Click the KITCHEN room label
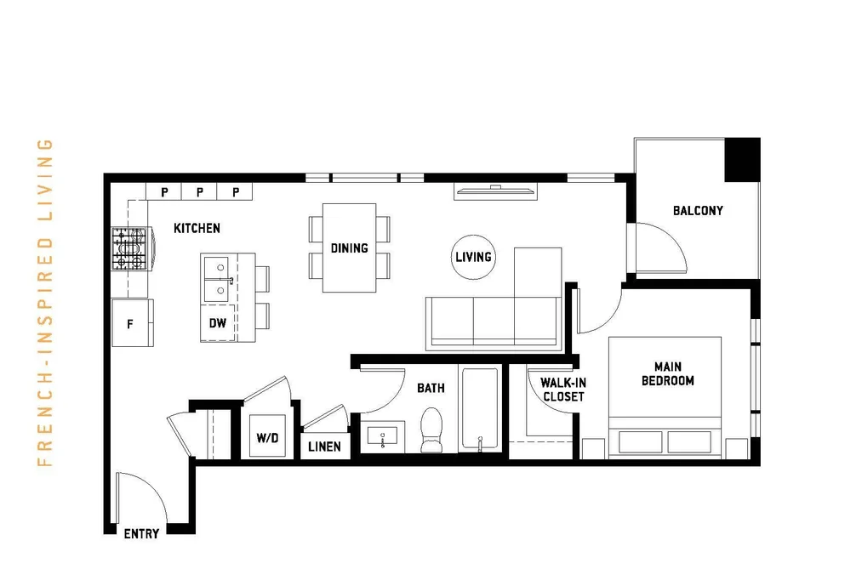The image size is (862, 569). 197,228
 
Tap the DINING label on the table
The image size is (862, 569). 349,248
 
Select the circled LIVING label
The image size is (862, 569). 473,257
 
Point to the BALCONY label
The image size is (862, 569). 698,210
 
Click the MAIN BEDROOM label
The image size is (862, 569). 668,373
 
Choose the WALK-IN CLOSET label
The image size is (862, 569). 563,390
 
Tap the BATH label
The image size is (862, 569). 431,389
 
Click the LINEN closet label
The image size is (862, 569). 324,447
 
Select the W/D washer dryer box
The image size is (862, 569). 267,436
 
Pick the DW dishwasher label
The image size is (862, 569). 218,323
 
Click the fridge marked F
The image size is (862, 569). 133,323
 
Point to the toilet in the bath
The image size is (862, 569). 431,430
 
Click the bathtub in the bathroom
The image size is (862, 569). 480,408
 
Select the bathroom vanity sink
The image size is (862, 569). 383,437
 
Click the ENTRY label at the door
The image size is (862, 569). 141,533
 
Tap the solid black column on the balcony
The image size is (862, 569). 743,160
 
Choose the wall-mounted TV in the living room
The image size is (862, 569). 496,191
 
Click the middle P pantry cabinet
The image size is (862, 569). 200,191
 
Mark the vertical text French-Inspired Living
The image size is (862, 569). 45,303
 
